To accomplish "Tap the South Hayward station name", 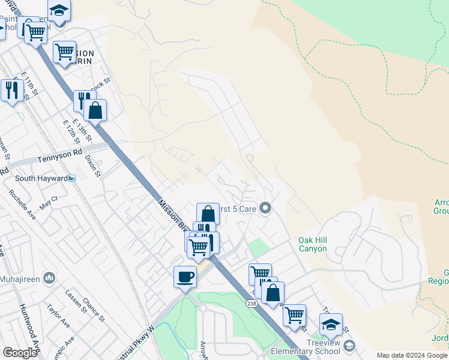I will pos(40,178).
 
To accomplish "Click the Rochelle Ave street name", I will pos(22,204).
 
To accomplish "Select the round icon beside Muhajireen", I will pos(50,277).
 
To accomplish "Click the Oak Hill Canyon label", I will pos(313,244).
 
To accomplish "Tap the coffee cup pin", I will pos(185,277).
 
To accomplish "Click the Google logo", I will pos(20,353).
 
